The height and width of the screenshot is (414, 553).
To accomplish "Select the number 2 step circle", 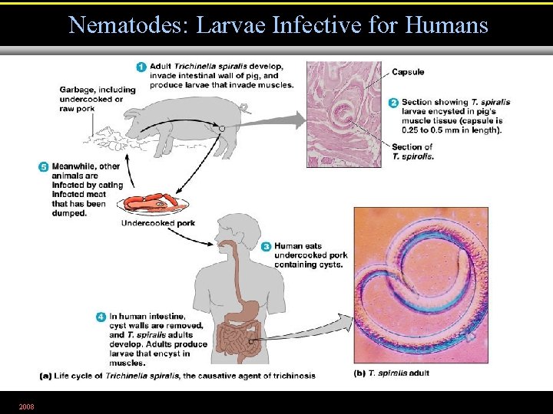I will (x=393, y=103).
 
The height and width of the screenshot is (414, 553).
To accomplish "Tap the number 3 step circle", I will (x=266, y=247).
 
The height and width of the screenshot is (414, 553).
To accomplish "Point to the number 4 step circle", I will (x=101, y=317).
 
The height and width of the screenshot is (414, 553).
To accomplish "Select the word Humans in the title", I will (x=448, y=25).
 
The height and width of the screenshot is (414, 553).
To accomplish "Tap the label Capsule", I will (x=407, y=72).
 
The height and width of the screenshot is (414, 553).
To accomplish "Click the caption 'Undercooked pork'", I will (x=158, y=223).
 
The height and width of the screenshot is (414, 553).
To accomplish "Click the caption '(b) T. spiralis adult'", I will (x=391, y=373).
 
